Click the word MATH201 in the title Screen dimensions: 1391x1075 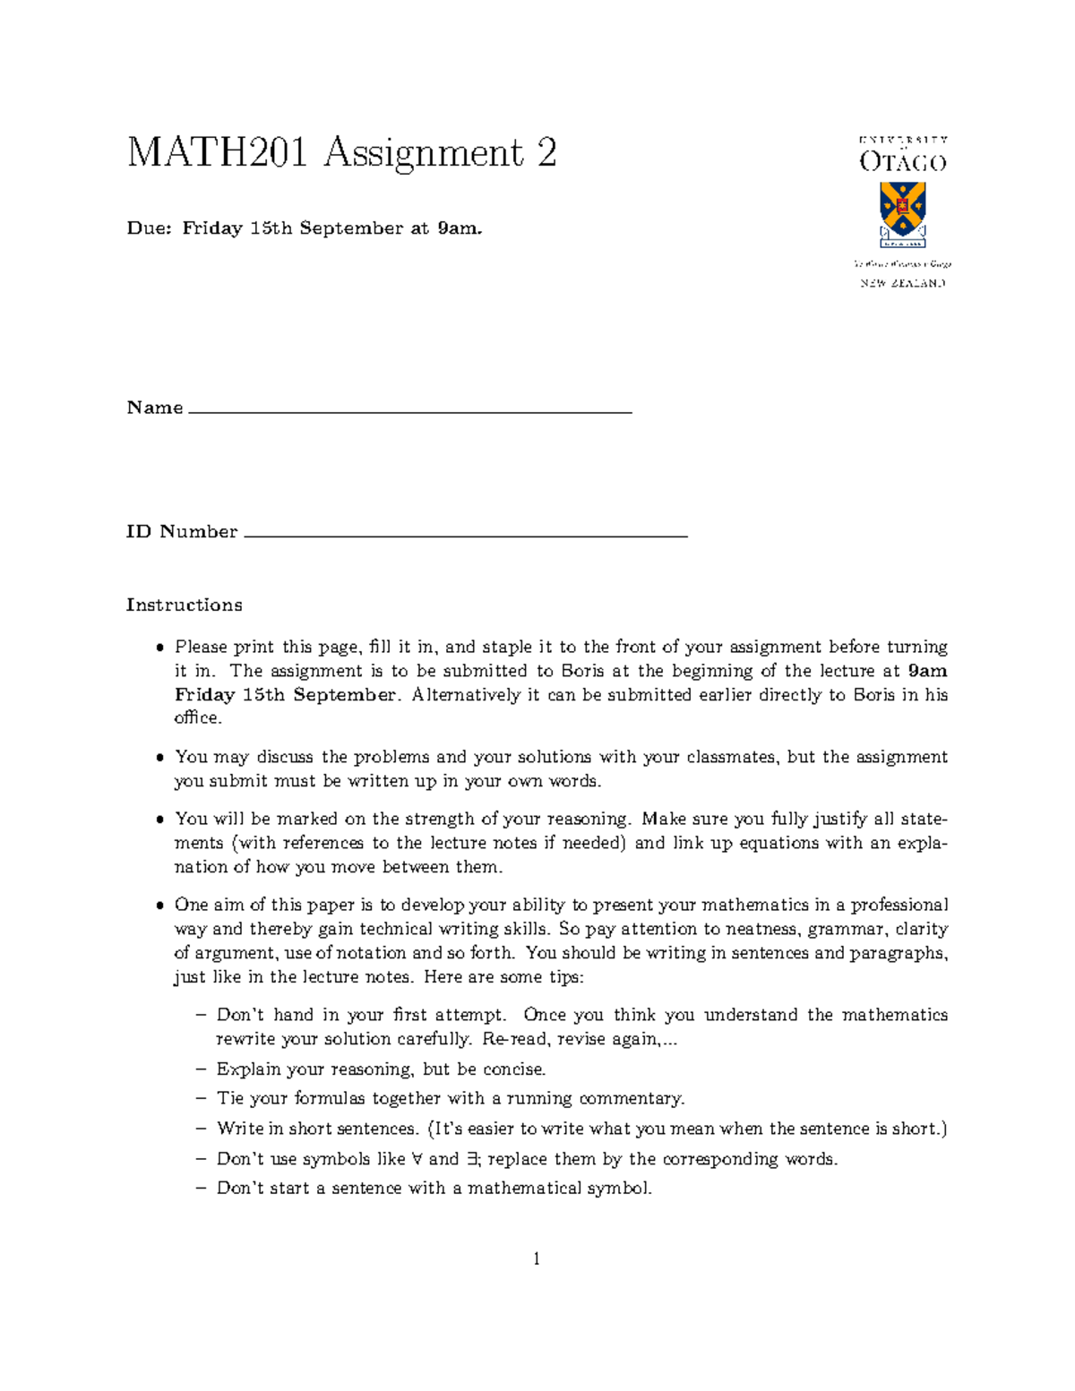217,153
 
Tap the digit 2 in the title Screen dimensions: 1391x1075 546,153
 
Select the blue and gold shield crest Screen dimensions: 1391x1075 902,211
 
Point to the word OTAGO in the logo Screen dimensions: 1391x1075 902,162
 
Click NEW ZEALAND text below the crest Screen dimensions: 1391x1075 902,283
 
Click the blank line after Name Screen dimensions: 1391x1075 410,411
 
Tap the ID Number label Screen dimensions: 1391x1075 182,532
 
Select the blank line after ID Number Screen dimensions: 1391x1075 465,536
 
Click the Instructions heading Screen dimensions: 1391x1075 184,605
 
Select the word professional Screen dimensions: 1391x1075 899,906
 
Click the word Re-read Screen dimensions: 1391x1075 516,1040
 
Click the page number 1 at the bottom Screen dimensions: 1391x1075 537,1259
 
